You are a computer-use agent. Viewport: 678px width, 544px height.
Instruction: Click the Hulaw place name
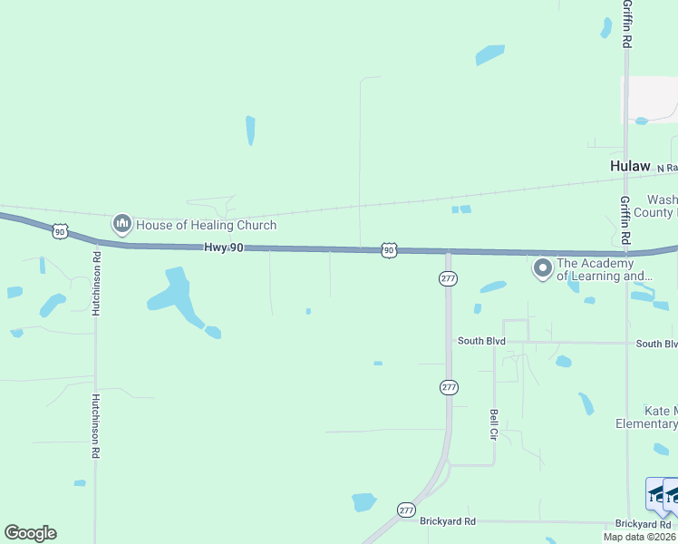coord(630,166)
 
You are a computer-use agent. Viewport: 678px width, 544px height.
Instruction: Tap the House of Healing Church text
coord(206,225)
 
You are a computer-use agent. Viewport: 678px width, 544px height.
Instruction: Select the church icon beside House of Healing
coord(122,223)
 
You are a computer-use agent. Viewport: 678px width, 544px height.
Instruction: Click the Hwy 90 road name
coord(222,248)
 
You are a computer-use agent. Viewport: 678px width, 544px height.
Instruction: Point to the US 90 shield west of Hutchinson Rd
coord(60,231)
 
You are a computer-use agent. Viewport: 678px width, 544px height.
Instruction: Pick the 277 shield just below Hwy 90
coord(448,278)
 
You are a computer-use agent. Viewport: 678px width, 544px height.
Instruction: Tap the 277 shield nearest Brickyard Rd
coord(405,510)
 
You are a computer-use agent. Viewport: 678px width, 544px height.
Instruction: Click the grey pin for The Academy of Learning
coord(542,268)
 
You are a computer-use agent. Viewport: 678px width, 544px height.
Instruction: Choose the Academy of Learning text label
coord(605,269)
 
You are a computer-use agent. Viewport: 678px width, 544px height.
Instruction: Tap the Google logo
coord(30,533)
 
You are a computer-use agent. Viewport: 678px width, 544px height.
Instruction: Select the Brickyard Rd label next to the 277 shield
coord(448,521)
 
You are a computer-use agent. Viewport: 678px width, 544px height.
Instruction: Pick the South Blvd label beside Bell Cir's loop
coord(481,341)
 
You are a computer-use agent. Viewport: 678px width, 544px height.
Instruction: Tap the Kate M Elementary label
coord(647,417)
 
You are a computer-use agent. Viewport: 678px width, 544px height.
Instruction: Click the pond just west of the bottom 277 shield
coord(363,501)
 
